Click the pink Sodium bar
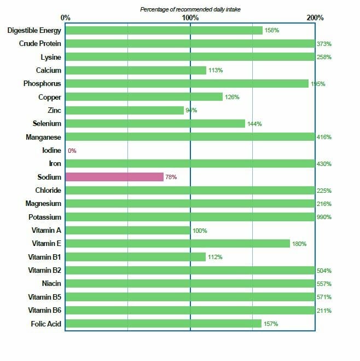(x=114, y=177)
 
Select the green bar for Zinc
(x=125, y=110)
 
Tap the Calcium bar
(x=136, y=70)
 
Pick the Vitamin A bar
(x=128, y=231)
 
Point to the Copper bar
(x=144, y=97)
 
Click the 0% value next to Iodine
(x=72, y=151)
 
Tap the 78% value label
(x=171, y=177)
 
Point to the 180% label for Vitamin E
(x=299, y=244)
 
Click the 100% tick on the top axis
(x=190, y=18)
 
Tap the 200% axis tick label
(x=315, y=18)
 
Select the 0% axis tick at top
(x=66, y=18)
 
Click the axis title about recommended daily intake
(x=190, y=9)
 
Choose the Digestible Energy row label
(x=34, y=30)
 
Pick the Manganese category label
(x=43, y=137)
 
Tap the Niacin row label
(x=51, y=284)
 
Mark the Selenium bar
(x=155, y=124)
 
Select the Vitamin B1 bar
(x=136, y=257)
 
